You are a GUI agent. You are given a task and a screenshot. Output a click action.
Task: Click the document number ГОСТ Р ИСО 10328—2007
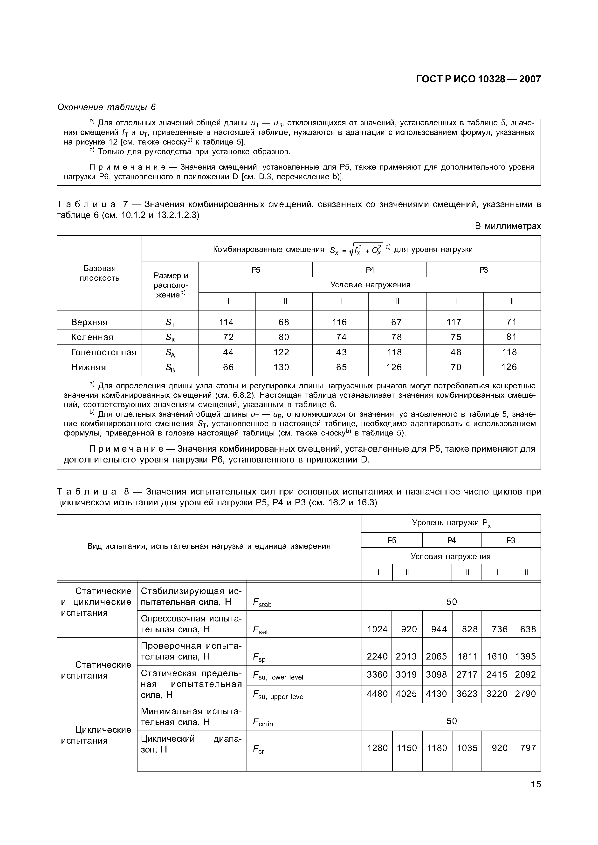pyautogui.click(x=478, y=79)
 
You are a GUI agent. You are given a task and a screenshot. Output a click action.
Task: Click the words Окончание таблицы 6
pyautogui.click(x=106, y=107)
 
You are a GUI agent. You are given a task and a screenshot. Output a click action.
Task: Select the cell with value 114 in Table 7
pyautogui.click(x=226, y=322)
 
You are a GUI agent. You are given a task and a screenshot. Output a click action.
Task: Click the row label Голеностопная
pyautogui.click(x=103, y=352)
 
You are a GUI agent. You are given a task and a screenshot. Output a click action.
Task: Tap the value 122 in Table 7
pyautogui.click(x=282, y=352)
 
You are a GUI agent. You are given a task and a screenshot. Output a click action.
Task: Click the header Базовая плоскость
pyautogui.click(x=99, y=273)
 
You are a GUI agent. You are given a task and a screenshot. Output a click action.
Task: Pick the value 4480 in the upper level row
pyautogui.click(x=377, y=693)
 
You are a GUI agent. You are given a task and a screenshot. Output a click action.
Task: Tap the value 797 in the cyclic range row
pyautogui.click(x=528, y=748)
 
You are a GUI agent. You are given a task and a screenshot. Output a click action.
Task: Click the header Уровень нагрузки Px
pyautogui.click(x=451, y=523)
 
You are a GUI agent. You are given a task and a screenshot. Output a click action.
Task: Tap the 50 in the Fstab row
pyautogui.click(x=451, y=601)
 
